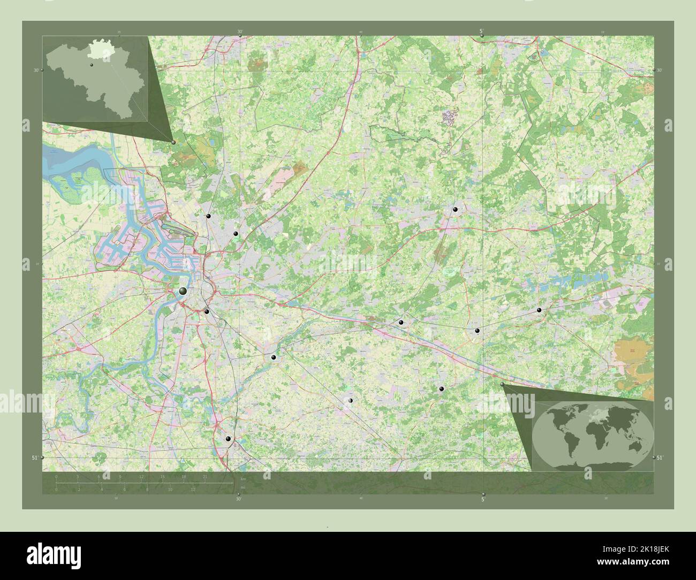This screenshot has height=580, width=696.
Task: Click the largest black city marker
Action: click(183, 291)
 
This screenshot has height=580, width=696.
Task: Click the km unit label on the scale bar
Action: click(244, 479)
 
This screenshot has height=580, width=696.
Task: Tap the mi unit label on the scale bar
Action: click(243, 487)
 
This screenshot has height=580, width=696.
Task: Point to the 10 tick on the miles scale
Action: click(170, 489)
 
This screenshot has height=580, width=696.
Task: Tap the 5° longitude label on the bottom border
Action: click(482, 500)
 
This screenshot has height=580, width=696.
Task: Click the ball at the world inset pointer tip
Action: click(502, 384)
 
